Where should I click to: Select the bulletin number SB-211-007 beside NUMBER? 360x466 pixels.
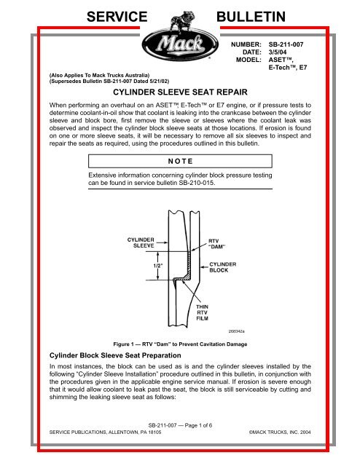pos(293,44)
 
